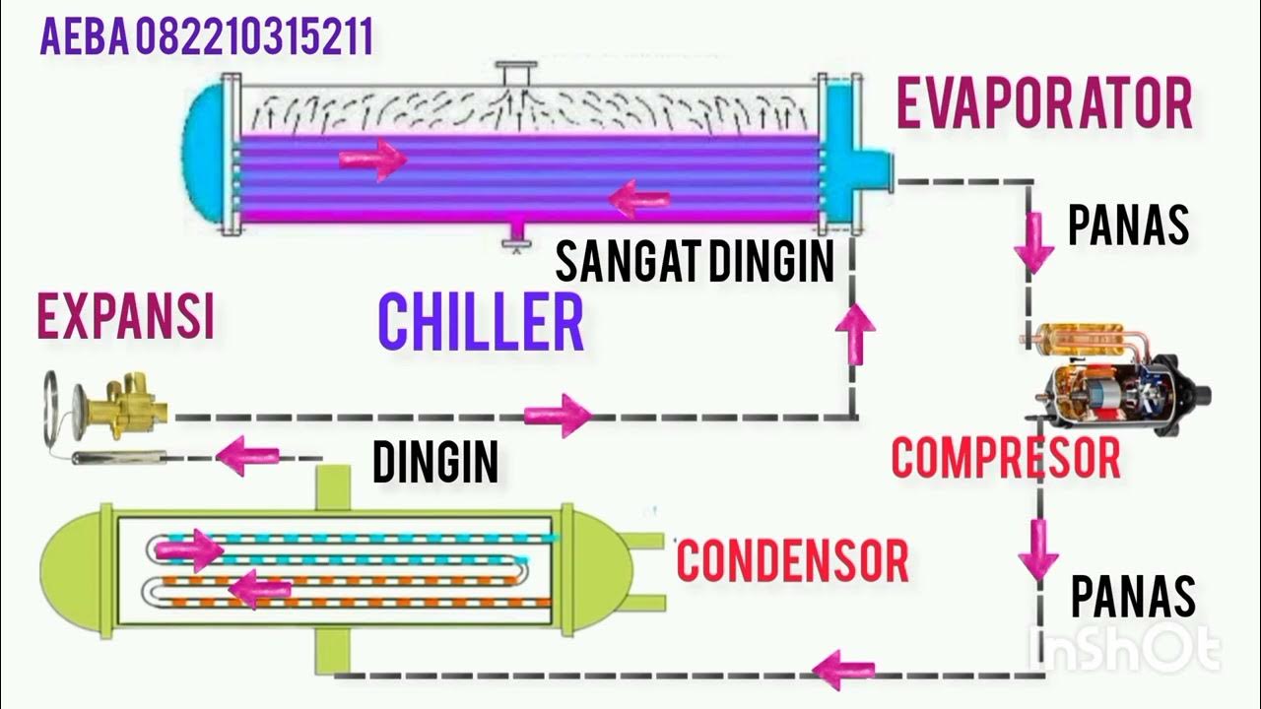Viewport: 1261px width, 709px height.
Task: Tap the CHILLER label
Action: [481, 322]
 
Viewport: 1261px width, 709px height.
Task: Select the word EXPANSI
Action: [125, 317]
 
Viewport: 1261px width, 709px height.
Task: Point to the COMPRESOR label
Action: [1005, 458]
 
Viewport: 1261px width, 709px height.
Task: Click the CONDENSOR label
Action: [792, 559]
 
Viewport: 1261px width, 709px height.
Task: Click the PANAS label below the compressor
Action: [1133, 597]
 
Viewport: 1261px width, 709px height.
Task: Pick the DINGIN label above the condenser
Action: [435, 461]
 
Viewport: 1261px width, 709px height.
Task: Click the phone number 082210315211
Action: [253, 38]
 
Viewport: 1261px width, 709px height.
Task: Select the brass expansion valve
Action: [123, 404]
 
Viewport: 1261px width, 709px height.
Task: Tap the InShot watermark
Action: [1123, 649]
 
